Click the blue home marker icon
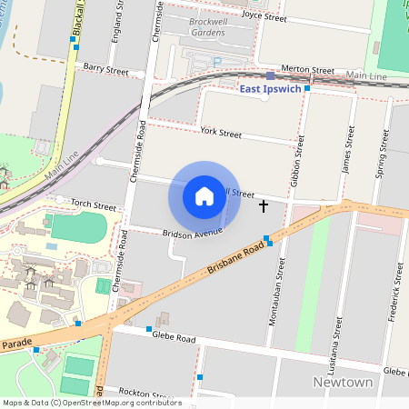click(x=204, y=195)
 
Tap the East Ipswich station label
click(x=270, y=89)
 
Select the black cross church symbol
click(x=264, y=206)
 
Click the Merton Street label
click(x=308, y=69)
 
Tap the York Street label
click(x=221, y=134)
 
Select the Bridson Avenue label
click(x=193, y=234)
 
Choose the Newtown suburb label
click(x=344, y=383)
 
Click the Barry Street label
click(x=105, y=68)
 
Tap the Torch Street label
click(x=94, y=206)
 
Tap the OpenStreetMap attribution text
click(x=92, y=403)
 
